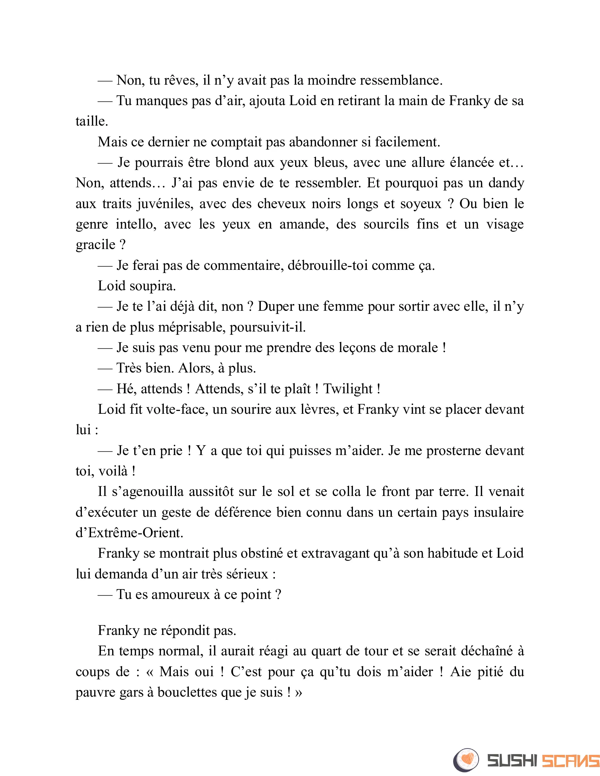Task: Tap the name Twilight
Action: [348, 389]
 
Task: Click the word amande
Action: [304, 224]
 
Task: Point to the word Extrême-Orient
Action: [135, 533]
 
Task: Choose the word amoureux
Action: [181, 594]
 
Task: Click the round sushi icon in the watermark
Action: [466, 760]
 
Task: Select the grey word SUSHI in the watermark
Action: [512, 761]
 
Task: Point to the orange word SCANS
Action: [570, 761]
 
